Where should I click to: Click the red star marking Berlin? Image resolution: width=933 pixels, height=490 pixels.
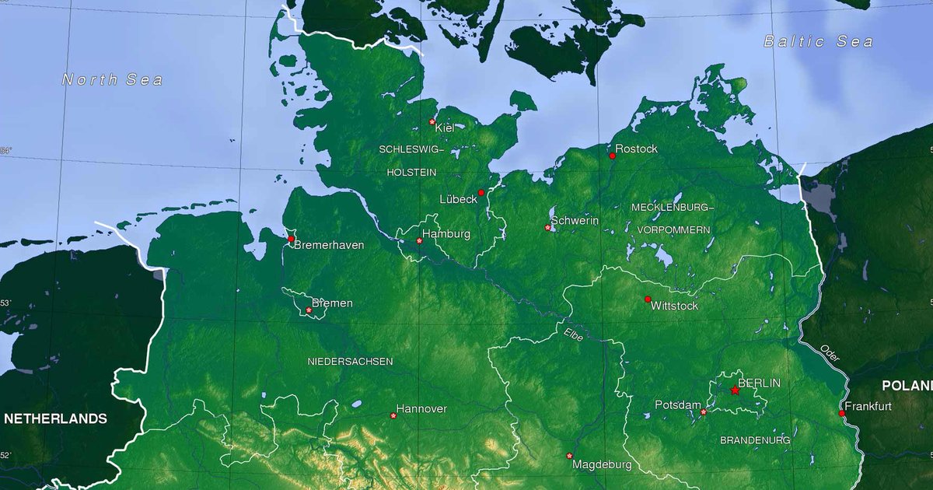coord(735,390)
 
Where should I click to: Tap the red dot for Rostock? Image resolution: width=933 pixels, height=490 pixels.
coord(612,156)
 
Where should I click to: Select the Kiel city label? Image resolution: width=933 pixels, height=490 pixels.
coord(445,128)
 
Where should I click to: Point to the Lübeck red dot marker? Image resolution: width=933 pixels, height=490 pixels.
coord(480,192)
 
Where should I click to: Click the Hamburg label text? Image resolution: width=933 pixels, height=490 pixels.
coord(446,234)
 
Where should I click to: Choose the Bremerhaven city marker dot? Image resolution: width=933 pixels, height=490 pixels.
coord(291,239)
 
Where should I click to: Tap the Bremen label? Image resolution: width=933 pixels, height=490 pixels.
coord(332,303)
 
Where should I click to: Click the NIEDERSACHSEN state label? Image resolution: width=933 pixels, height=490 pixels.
coord(350,362)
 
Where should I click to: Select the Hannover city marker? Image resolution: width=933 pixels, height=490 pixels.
coord(393,415)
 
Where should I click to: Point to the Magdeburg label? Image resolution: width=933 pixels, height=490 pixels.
coord(602,464)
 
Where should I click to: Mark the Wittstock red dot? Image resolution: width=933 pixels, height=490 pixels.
coord(648,299)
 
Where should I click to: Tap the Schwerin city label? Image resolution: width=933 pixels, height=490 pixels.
coord(575,221)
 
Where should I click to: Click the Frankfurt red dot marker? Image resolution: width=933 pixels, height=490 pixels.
coord(842,413)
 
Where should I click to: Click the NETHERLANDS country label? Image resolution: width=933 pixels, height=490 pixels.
coord(56,418)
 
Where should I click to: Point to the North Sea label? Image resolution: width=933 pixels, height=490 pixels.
coord(113,79)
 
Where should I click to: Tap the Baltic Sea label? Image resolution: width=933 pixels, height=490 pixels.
coord(818,42)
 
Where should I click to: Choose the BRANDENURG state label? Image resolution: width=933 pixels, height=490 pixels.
coord(755,440)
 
